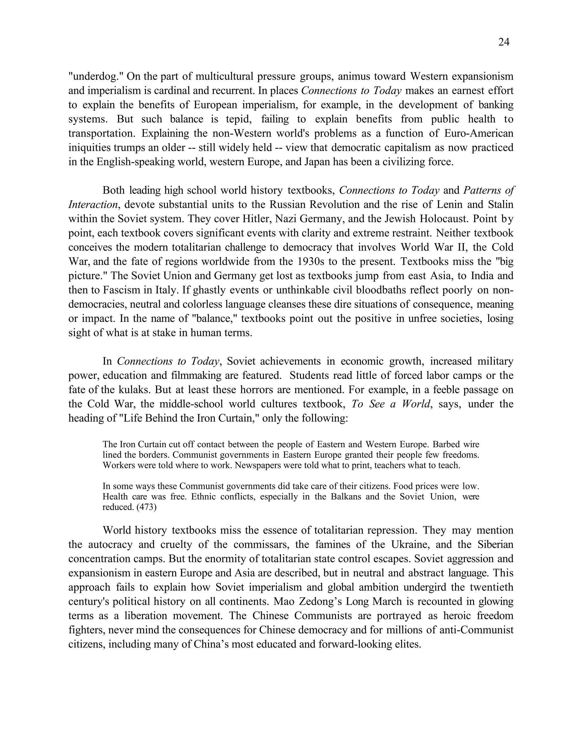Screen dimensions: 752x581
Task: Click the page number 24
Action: (x=504, y=42)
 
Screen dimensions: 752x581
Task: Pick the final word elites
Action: (x=407, y=644)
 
